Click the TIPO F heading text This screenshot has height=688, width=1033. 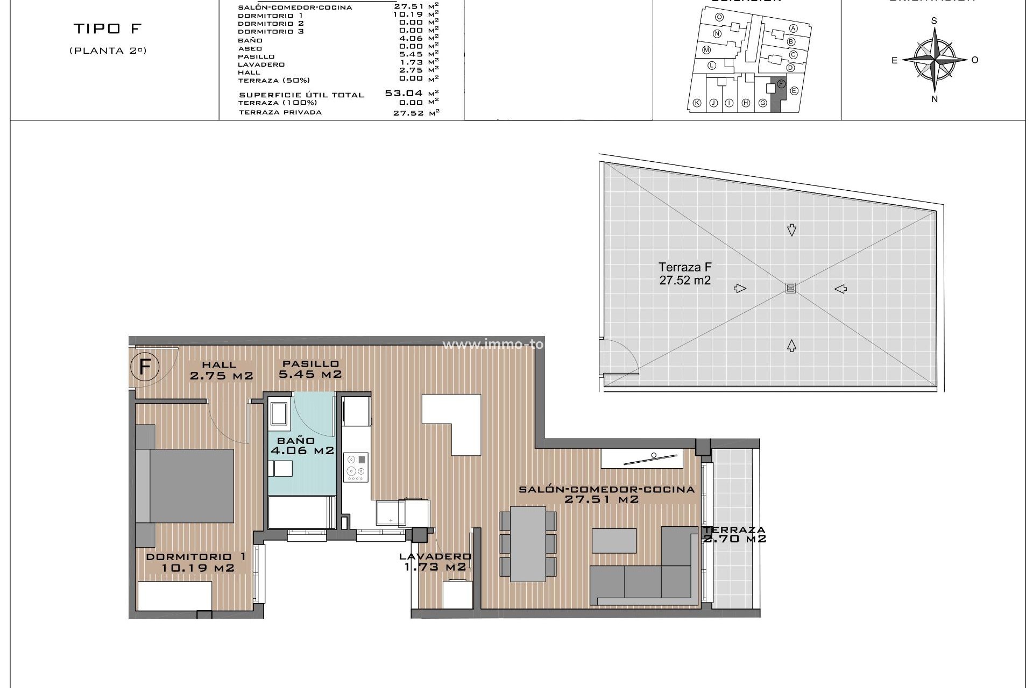click(x=107, y=28)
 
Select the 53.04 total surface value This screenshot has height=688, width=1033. click(x=404, y=94)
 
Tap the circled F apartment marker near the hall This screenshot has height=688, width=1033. click(x=144, y=367)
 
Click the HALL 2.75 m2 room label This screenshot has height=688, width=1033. click(x=221, y=371)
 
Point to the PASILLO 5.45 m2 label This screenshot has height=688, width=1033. click(x=310, y=369)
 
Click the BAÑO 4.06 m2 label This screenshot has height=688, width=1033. click(x=302, y=446)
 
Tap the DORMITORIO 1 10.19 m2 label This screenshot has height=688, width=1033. click(x=197, y=562)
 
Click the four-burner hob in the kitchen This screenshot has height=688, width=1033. click(x=356, y=467)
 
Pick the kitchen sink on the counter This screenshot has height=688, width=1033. click(x=391, y=512)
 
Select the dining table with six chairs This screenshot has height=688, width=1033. click(x=528, y=544)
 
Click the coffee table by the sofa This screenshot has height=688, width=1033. click(x=614, y=540)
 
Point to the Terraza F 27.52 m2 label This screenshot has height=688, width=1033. click(x=685, y=274)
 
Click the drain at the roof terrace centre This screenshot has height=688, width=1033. click(x=790, y=288)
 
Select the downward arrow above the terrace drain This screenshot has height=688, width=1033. click(x=791, y=230)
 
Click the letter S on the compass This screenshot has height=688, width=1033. click(x=934, y=21)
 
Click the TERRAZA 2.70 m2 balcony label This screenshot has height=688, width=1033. click(x=734, y=534)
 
